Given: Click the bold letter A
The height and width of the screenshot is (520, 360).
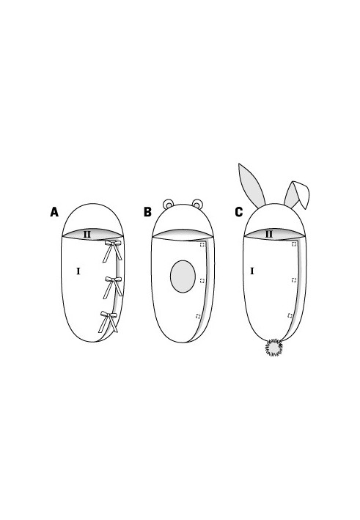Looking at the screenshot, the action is [x=54, y=211].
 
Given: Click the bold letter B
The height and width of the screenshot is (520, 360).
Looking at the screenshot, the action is [x=147, y=211].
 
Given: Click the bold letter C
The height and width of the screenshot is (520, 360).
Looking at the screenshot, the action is [x=239, y=212].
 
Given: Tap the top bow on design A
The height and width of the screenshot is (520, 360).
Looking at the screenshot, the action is [x=113, y=251].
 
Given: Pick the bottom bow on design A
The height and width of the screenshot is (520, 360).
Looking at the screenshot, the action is [x=109, y=322].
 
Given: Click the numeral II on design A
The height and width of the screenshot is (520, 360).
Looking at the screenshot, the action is [x=87, y=235].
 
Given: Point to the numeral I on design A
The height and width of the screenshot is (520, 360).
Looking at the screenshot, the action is [x=78, y=271].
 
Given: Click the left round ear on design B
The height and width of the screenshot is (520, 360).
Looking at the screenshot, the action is [x=168, y=204].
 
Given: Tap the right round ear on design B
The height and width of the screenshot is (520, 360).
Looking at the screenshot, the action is [x=197, y=204].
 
